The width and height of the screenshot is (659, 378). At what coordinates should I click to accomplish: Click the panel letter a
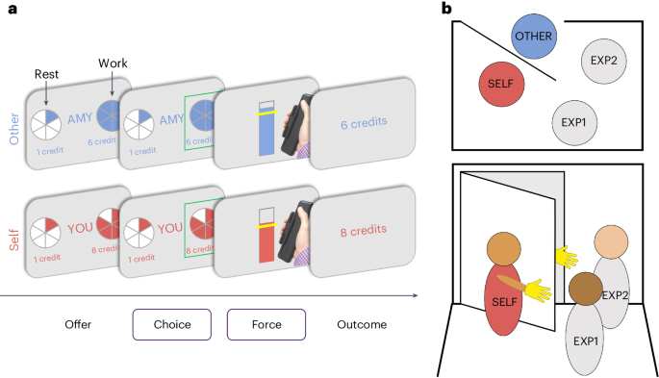click(x=8, y=9)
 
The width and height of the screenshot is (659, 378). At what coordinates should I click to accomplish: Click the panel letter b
click(x=447, y=9)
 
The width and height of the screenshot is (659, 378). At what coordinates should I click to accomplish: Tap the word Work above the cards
click(x=113, y=63)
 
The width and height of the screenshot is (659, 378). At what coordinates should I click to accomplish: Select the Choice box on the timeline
click(x=172, y=324)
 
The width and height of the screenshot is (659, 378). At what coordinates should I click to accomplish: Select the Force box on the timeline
click(x=266, y=324)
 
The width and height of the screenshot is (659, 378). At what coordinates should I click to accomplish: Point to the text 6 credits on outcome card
click(x=362, y=125)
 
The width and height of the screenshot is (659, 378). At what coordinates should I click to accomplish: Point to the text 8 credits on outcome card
click(x=362, y=230)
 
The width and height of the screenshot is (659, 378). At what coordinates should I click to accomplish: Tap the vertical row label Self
click(x=13, y=232)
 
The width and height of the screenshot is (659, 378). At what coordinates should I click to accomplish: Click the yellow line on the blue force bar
click(x=266, y=113)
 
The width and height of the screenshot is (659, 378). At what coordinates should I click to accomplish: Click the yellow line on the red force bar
click(x=266, y=225)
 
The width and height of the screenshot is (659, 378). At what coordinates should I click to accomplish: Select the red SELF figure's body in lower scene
click(x=510, y=305)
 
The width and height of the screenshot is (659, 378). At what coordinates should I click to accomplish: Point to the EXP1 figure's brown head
click(x=585, y=289)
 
